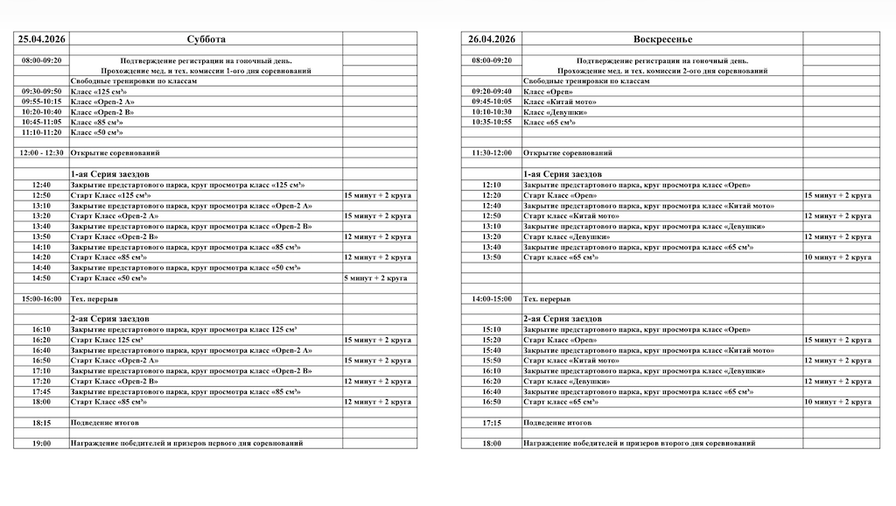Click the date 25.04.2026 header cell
[41, 39]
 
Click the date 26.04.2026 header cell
[491, 39]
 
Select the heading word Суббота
[206, 39]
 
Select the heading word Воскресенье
[661, 39]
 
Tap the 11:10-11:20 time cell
[41, 132]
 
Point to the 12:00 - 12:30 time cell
[41, 152]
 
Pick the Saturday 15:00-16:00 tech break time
[41, 299]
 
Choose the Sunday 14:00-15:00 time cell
[491, 299]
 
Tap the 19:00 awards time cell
[41, 444]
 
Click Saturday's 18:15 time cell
[41, 423]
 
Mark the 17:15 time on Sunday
[491, 423]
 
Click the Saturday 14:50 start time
[41, 278]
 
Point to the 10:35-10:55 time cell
[491, 123]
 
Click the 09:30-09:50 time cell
[41, 91]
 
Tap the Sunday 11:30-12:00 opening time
[491, 152]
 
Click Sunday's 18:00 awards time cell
[491, 444]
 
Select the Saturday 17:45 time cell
[41, 392]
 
